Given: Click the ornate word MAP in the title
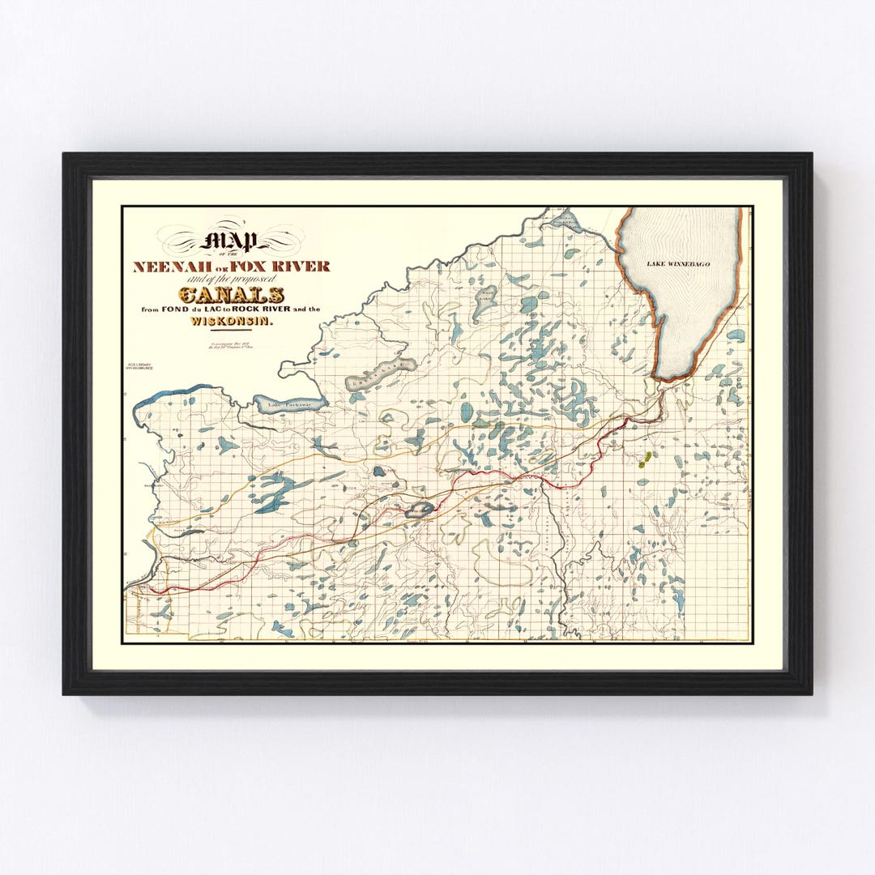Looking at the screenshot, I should point(233,241).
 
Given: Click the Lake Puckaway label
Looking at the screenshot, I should point(289,402).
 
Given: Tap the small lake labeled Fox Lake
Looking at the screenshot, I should point(420,510).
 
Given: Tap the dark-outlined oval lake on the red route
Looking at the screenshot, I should point(420,510).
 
